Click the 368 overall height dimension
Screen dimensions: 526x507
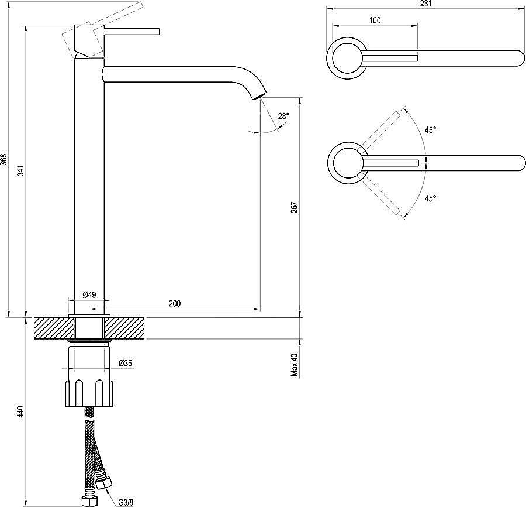[4, 160]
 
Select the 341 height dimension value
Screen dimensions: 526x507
[21, 171]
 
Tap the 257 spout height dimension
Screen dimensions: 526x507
[294, 207]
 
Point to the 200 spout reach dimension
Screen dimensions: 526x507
[174, 303]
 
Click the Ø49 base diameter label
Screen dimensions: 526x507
[89, 294]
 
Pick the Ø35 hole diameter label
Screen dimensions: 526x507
[125, 363]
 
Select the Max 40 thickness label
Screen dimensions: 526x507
[294, 364]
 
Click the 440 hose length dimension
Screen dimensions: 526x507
[21, 412]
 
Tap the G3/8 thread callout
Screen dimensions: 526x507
[126, 503]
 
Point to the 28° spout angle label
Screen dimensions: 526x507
[283, 117]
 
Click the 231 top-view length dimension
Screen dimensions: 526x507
[425, 4]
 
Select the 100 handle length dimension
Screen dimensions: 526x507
[375, 20]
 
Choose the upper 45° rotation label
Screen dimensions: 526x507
[430, 130]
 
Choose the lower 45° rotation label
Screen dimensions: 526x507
[430, 198]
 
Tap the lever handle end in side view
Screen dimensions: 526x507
[158, 32]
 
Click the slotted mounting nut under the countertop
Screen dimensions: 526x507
[89, 393]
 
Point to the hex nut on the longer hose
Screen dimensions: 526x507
[89, 501]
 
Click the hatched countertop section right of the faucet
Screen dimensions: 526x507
[124, 328]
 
